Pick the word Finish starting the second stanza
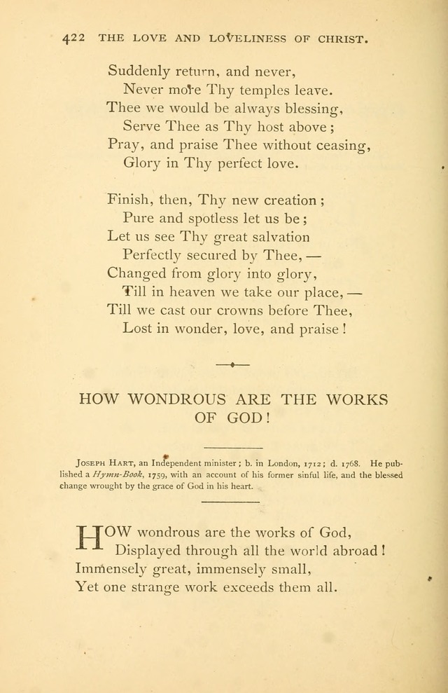(127, 199)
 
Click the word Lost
(137, 328)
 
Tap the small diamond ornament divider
(232, 364)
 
